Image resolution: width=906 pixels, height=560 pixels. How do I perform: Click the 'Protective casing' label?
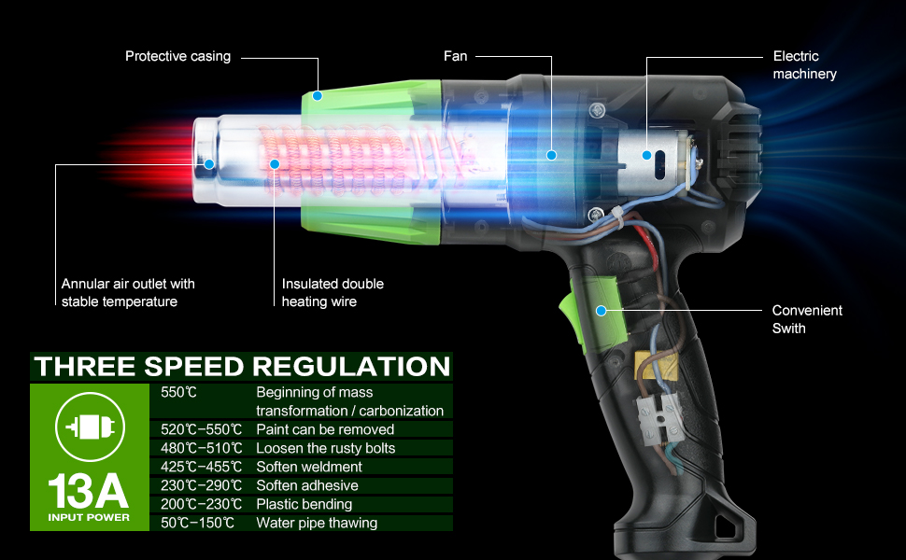pyautogui.click(x=177, y=57)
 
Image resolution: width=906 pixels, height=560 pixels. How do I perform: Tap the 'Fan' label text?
pyautogui.click(x=455, y=57)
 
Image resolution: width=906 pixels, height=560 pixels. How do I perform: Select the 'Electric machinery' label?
pyautogui.click(x=804, y=65)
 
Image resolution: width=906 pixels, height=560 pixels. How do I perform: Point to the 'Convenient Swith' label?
pyautogui.click(x=806, y=319)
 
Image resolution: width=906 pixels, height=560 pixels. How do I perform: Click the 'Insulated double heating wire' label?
pyautogui.click(x=333, y=292)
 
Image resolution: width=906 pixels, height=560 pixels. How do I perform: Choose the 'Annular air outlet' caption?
pyautogui.click(x=128, y=292)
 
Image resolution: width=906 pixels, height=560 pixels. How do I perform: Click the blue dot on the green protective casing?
pyautogui.click(x=318, y=95)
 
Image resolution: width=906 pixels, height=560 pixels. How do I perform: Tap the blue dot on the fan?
pyautogui.click(x=551, y=155)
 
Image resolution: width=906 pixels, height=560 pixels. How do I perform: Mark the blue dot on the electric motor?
pyautogui.click(x=646, y=155)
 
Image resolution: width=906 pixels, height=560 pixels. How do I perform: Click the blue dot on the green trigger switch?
pyautogui.click(x=602, y=310)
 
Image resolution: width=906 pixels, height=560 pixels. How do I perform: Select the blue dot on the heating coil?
pyautogui.click(x=275, y=163)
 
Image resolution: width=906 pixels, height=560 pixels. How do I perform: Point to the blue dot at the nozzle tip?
pyautogui.click(x=208, y=163)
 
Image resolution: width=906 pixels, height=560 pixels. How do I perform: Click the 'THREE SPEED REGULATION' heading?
pyautogui.click(x=241, y=366)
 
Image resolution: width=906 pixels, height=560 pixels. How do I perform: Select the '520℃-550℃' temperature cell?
pyautogui.click(x=201, y=429)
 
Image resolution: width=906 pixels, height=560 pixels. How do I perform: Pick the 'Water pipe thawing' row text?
pyautogui.click(x=317, y=523)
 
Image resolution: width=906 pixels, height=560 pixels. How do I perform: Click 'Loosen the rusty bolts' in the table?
pyautogui.click(x=325, y=448)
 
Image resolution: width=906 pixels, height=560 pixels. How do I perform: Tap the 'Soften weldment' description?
pyautogui.click(x=309, y=467)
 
